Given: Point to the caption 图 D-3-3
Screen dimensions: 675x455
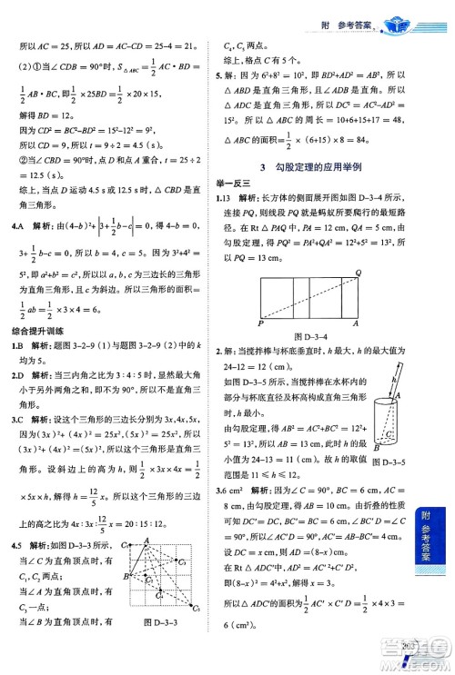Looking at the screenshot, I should pyautogui.click(x=164, y=647).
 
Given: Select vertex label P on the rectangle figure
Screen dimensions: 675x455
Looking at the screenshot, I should pyautogui.click(x=261, y=323).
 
